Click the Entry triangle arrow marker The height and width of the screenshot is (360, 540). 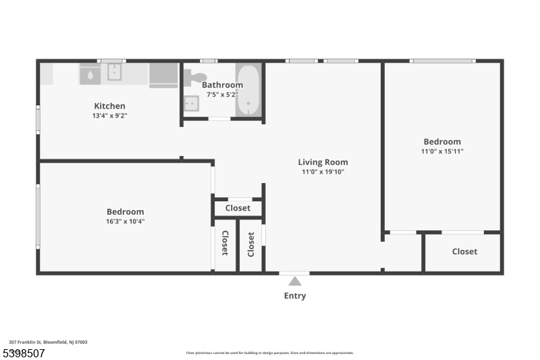click(295, 281)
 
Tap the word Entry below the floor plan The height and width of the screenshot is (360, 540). click(295, 296)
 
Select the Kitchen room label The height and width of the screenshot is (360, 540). click(109, 106)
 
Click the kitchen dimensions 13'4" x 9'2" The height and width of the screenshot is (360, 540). click(109, 115)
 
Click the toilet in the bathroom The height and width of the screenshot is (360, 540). click(192, 77)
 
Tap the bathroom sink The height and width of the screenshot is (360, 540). click(191, 103)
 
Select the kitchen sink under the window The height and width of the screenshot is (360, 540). click(114, 73)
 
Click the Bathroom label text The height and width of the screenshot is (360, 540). click(222, 85)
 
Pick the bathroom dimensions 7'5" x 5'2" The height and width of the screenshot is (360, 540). click(222, 94)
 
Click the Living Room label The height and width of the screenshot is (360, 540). click(323, 162)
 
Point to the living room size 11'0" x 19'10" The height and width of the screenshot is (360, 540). click(323, 172)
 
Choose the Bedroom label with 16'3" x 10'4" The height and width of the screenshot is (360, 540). click(125, 212)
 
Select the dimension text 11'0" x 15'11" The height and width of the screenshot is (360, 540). click(442, 151)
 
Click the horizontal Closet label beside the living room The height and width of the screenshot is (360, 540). click(238, 208)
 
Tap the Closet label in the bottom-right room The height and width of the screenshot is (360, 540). click(464, 251)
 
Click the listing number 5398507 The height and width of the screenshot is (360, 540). click(24, 353)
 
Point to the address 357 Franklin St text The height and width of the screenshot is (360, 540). click(48, 342)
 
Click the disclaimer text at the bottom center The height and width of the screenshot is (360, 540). click(269, 353)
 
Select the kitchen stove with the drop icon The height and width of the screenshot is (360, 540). click(91, 74)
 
